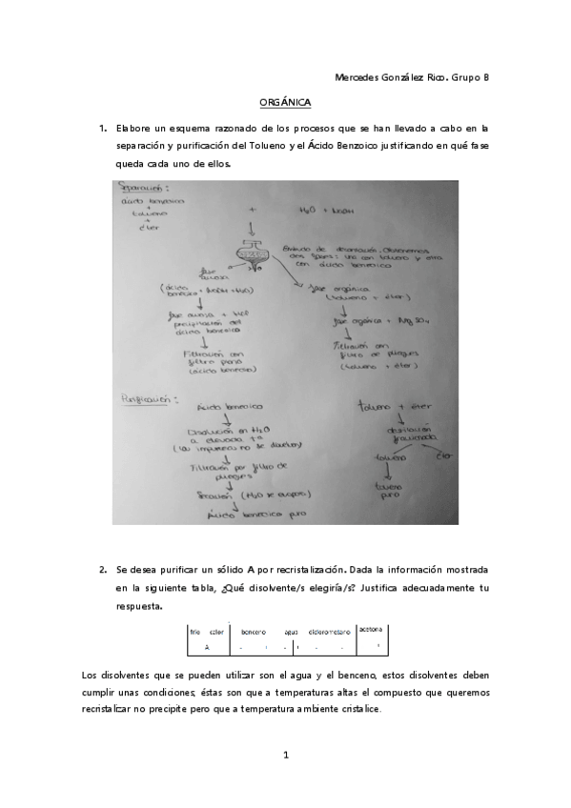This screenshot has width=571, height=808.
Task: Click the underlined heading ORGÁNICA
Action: tap(285, 101)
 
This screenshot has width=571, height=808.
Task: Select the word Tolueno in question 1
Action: tap(266, 145)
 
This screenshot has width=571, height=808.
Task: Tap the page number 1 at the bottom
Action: tap(285, 756)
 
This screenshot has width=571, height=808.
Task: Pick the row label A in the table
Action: tap(207, 646)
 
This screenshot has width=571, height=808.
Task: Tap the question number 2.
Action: tap(103, 569)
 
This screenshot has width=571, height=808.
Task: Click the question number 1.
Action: tap(103, 127)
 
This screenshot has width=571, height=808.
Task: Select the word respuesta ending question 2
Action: tap(136, 605)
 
